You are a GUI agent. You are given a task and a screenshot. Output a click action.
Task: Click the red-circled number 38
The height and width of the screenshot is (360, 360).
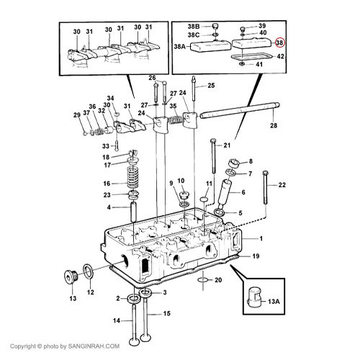click(x=279, y=42)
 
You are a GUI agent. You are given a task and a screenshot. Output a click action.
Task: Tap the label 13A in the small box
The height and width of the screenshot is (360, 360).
click(x=274, y=301)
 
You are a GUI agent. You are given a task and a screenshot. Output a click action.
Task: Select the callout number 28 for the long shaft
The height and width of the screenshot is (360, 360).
click(x=274, y=125)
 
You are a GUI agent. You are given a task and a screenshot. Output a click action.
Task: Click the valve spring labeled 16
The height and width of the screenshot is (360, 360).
click(x=133, y=178)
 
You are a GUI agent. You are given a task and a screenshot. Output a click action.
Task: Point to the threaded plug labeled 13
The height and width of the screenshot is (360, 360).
click(x=71, y=277)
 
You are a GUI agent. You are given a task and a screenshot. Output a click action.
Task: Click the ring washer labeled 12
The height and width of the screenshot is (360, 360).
click(x=89, y=272)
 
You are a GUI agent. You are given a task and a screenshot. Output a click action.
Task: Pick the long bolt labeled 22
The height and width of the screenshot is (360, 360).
click(x=265, y=188)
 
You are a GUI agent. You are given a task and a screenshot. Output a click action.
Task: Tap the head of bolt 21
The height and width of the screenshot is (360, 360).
click(x=213, y=140)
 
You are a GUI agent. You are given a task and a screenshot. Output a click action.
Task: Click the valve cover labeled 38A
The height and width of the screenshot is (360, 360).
click(x=210, y=46)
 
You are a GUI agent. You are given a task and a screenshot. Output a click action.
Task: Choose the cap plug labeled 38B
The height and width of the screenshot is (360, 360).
click(x=215, y=26)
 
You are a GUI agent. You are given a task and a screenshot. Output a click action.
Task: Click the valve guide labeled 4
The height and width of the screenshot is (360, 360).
click(x=133, y=212)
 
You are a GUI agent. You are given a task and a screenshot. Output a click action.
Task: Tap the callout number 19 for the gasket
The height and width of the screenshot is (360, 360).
click(x=256, y=256)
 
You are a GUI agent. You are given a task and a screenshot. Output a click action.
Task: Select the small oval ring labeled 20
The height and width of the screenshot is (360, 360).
click(x=203, y=280)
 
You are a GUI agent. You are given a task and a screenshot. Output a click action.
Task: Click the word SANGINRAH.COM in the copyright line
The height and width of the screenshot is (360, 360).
click(x=94, y=346)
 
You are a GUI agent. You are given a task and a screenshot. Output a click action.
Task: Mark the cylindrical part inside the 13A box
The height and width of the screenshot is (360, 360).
click(x=255, y=297)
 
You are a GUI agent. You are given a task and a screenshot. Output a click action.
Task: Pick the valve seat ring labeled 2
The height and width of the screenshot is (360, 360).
click(x=133, y=299)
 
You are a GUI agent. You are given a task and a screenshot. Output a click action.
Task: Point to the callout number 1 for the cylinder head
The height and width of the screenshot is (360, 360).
click(x=261, y=238)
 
